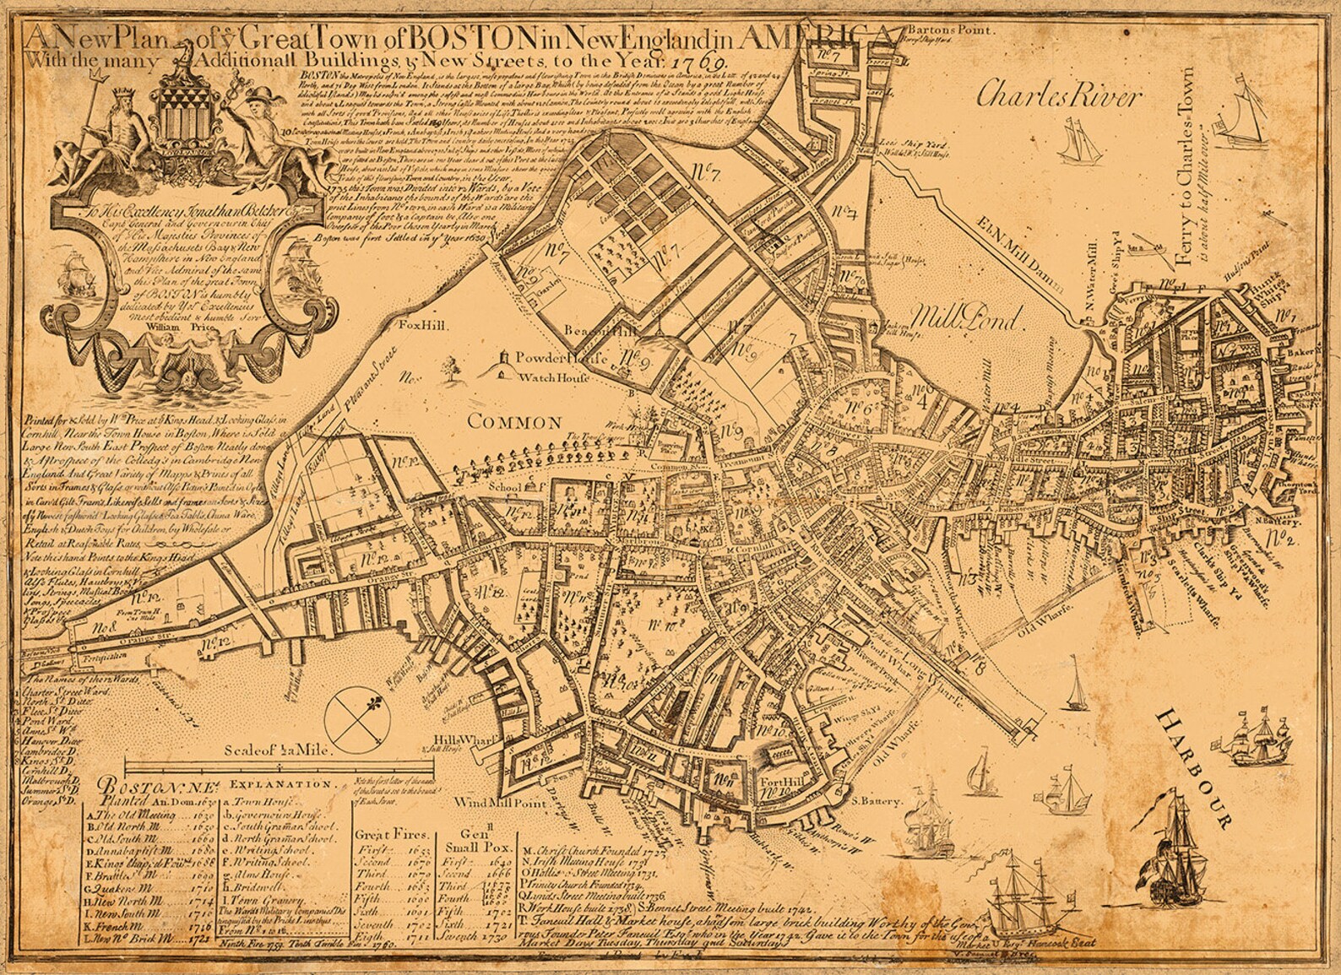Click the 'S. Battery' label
coord(878,800)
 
